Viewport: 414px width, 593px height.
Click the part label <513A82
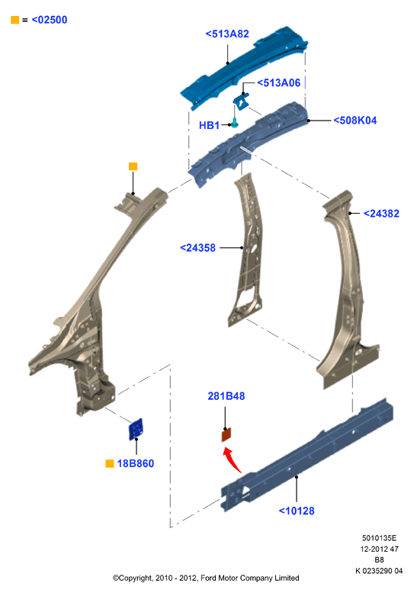click(227, 34)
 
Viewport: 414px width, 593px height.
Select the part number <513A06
click(279, 83)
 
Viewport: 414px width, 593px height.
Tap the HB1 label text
click(209, 125)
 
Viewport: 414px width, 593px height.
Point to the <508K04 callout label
click(355, 121)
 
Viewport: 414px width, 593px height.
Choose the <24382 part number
click(381, 213)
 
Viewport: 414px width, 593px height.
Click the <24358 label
click(197, 248)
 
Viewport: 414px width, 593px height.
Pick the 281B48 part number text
click(226, 396)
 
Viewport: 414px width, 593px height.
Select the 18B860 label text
click(135, 463)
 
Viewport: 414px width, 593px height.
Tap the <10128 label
click(297, 511)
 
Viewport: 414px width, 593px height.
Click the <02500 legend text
click(50, 20)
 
